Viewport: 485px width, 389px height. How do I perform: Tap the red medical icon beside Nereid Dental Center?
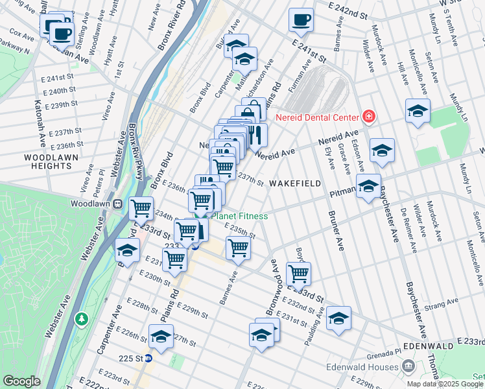368,117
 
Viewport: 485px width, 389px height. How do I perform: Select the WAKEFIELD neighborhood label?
295,183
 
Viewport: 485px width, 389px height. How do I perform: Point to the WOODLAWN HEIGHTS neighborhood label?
48,161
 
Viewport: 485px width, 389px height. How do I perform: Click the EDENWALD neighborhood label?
423,346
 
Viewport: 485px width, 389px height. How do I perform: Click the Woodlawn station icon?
119,204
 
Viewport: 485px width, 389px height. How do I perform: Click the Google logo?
21,381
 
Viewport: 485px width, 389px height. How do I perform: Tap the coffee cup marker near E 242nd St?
301,20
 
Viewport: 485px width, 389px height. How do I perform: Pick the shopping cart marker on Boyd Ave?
298,274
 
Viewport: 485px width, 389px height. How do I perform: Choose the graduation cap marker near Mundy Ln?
418,111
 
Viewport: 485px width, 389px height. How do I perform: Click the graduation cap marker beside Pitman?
368,187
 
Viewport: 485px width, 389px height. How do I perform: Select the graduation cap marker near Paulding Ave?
338,318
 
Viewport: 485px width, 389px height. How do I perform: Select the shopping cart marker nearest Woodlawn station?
141,209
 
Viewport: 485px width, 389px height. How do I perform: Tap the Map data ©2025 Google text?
444,383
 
